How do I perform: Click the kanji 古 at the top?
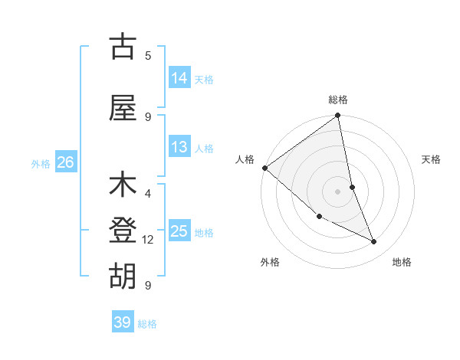[123, 47]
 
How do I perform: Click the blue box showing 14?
[179, 77]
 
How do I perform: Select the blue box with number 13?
[179, 147]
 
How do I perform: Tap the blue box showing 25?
[179, 231]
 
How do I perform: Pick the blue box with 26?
[65, 162]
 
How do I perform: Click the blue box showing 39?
[123, 322]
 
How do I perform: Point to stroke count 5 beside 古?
[148, 55]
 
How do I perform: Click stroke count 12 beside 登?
[148, 240]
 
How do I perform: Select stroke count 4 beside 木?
[148, 193]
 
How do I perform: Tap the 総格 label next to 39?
[147, 324]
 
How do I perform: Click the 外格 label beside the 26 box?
[41, 163]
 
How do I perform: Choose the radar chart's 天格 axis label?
[431, 159]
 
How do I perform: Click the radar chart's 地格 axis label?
[402, 262]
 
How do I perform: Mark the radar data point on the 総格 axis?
[337, 116]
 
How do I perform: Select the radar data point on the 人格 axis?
[264, 168]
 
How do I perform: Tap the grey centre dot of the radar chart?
[337, 191]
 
